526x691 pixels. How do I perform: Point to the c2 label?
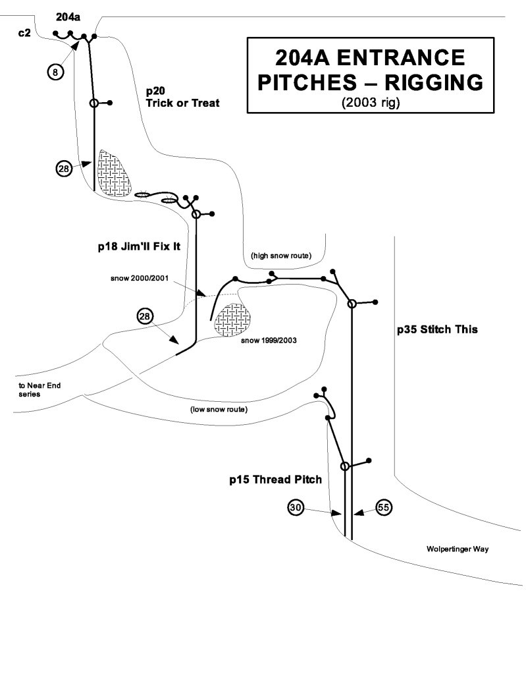tap(24, 32)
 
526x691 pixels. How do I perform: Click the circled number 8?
tap(55, 71)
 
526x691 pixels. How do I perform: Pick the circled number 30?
tap(296, 508)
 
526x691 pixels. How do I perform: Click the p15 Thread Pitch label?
tap(275, 480)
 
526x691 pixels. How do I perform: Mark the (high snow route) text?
tap(281, 255)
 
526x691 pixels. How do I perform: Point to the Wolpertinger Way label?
tap(457, 548)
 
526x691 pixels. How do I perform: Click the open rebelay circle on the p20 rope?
tap(93, 103)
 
